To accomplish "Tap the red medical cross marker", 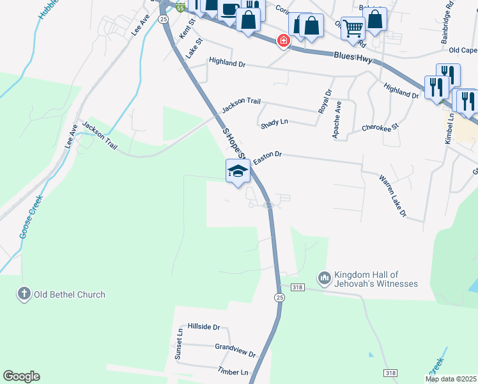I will tap(282, 41).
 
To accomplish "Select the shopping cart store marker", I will tap(352, 28).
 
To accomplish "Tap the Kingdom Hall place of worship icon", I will tap(324, 278).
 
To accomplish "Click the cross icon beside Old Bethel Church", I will tap(24, 294).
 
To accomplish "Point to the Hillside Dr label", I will tap(203, 327).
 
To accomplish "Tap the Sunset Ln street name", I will tap(180, 343).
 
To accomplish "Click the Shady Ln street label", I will tap(274, 123).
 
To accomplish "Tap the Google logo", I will tap(21, 376).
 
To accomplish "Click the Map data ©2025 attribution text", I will tap(451, 379).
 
